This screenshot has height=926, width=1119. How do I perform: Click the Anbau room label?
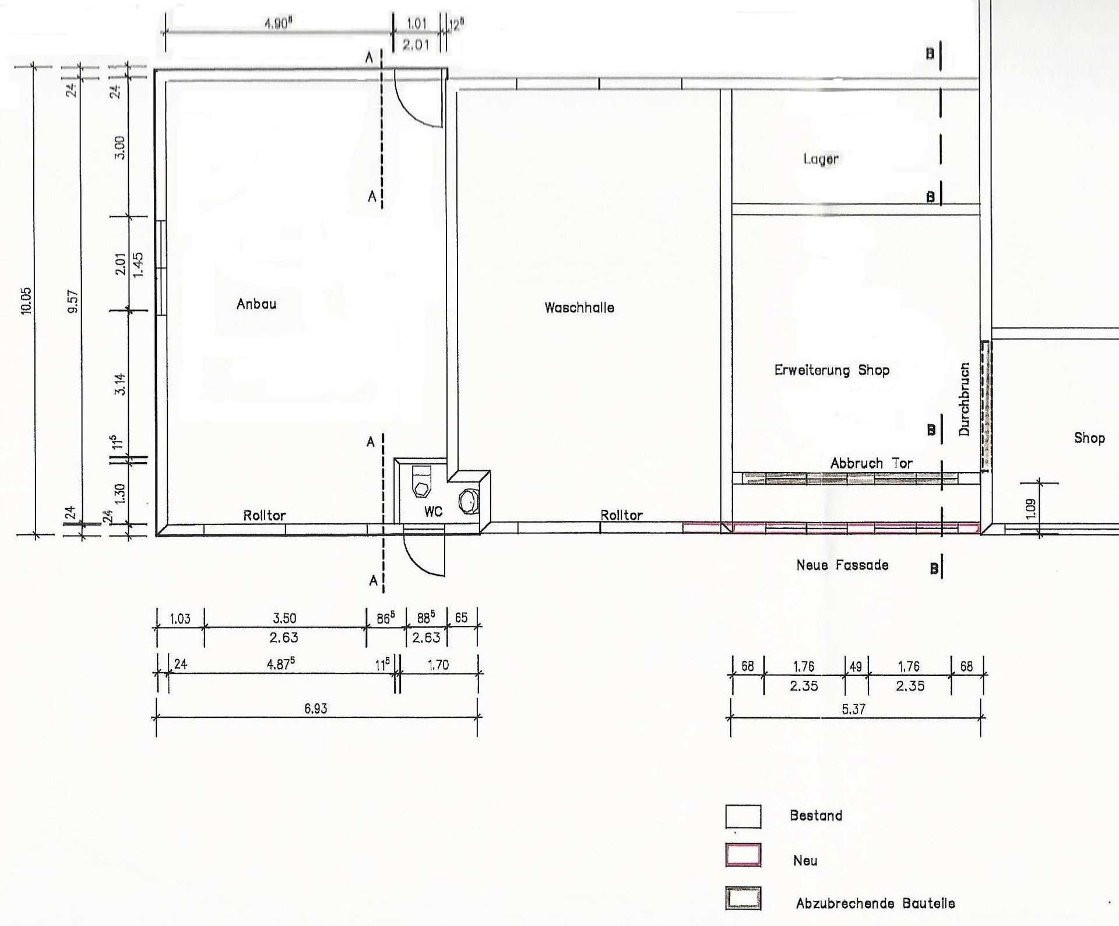(x=256, y=304)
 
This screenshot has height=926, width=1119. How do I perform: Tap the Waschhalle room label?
(x=579, y=308)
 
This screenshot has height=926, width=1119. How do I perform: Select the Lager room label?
(x=821, y=159)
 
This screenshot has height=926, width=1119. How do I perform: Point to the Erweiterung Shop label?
(x=832, y=370)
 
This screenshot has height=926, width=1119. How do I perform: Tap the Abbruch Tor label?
(x=871, y=463)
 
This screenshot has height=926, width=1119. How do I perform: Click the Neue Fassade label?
(x=842, y=565)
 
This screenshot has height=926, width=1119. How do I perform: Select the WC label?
(x=434, y=511)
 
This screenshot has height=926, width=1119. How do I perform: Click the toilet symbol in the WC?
(x=421, y=481)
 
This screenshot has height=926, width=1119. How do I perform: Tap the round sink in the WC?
(x=469, y=502)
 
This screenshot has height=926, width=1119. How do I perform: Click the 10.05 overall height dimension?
(x=26, y=301)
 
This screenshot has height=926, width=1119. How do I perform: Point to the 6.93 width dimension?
(x=315, y=709)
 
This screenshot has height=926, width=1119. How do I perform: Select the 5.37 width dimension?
(x=853, y=709)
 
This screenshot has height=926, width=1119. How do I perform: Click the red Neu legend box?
(x=743, y=855)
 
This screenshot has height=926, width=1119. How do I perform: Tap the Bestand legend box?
(x=743, y=816)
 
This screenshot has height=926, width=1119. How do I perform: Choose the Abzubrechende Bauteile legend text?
(x=875, y=903)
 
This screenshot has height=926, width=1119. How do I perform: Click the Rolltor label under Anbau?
(x=265, y=515)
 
